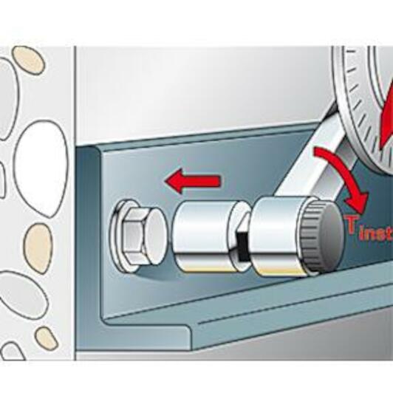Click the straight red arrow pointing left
(193, 181)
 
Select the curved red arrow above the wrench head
(346, 176)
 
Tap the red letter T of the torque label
(350, 225)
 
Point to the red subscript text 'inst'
(376, 235)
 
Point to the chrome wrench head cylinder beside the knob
(278, 236)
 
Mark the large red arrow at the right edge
(387, 120)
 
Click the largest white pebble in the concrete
(41, 168)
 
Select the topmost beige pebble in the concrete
(28, 60)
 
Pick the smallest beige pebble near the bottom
(46, 338)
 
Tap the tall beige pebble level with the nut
(38, 248)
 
